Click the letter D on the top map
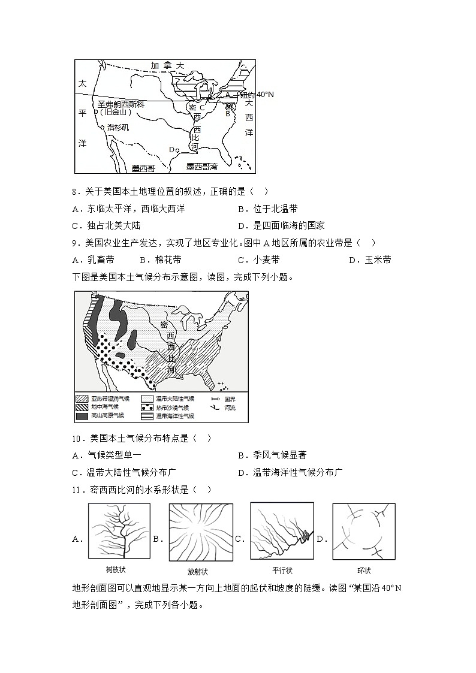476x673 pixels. pyautogui.click(x=171, y=149)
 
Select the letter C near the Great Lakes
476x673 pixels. pyautogui.click(x=202, y=108)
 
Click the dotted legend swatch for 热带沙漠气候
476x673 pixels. pyautogui.click(x=147, y=407)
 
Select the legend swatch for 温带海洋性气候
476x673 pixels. pyautogui.click(x=147, y=415)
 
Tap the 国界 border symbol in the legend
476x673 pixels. pyautogui.click(x=215, y=399)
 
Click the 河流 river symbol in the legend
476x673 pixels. pyautogui.click(x=215, y=407)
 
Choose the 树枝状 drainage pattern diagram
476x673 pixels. pyautogui.click(x=119, y=531)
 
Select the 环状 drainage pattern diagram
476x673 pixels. pyautogui.click(x=363, y=531)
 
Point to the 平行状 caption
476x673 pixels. pyautogui.click(x=281, y=571)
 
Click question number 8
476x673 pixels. pyautogui.click(x=75, y=192)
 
